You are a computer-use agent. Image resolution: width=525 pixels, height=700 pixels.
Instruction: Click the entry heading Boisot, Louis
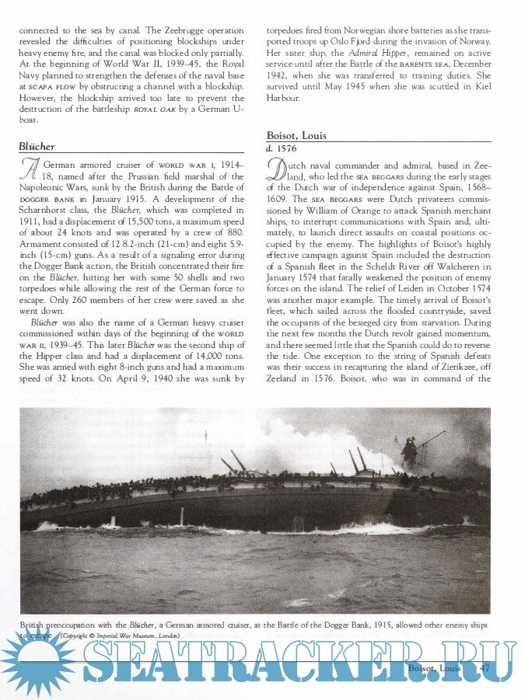(x=297, y=134)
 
